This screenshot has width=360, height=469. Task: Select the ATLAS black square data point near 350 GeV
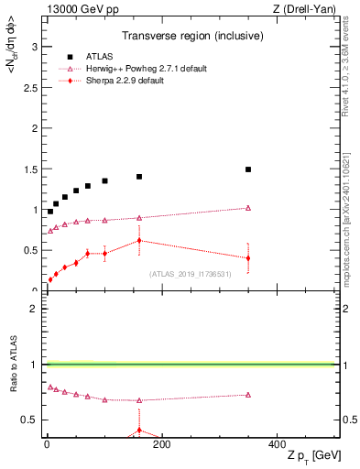[x=248, y=169]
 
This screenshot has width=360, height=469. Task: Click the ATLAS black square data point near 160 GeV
[x=139, y=177]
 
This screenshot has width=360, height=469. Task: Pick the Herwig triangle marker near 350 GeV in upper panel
[x=248, y=208]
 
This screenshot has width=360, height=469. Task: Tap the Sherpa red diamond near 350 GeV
[x=248, y=258]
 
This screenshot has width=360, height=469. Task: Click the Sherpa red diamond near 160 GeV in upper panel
[x=139, y=241]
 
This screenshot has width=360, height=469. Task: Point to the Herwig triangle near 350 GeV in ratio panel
[x=248, y=395]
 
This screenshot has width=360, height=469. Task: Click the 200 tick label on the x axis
[x=161, y=444]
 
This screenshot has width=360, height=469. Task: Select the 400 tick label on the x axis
[x=277, y=444]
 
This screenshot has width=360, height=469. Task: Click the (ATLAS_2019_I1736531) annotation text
[x=190, y=274]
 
